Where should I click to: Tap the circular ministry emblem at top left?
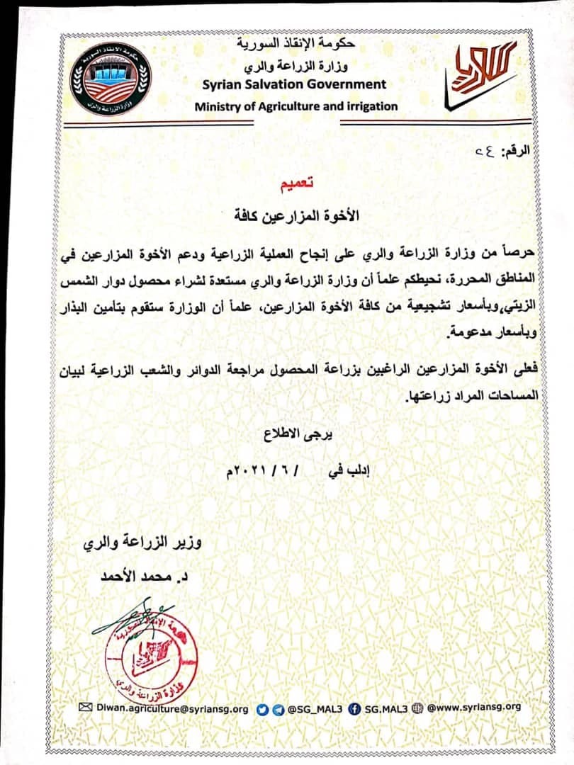click(111, 79)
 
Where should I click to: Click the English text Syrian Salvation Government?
click(294, 84)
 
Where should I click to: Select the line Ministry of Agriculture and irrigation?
click(296, 107)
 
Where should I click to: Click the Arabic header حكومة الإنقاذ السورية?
click(297, 45)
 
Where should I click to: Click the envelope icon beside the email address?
click(86, 707)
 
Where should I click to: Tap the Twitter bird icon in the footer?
click(261, 707)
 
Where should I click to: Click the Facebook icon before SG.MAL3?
click(355, 707)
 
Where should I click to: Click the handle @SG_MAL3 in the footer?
click(315, 707)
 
